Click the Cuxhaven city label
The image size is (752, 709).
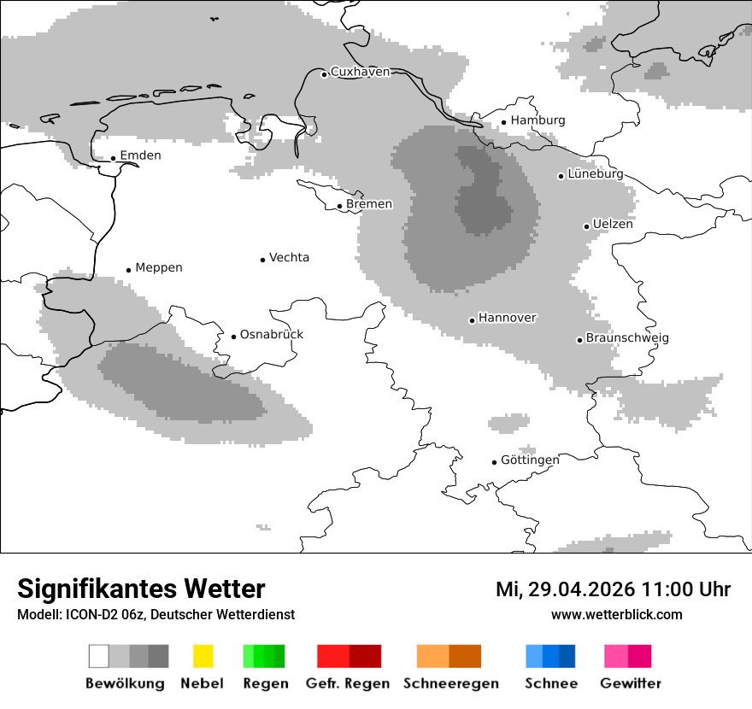point(360,72)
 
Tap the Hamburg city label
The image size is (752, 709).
point(538,120)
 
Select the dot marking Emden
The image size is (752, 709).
point(113,158)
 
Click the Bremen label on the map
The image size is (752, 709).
point(369,204)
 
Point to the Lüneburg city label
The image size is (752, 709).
point(595,173)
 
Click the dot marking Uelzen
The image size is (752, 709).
point(586,226)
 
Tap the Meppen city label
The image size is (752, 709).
point(158,267)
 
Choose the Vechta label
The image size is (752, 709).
point(289,257)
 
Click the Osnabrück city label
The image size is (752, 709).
point(271,335)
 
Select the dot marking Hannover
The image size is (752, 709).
point(472,320)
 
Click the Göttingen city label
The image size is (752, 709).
point(530,460)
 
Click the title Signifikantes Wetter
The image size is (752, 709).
point(141,589)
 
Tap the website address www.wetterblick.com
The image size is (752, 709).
point(616,615)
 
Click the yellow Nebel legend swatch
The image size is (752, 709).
point(203,656)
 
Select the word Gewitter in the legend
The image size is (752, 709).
point(630,683)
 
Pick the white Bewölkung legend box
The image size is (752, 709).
point(99,656)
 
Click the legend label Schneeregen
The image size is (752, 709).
point(450,683)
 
